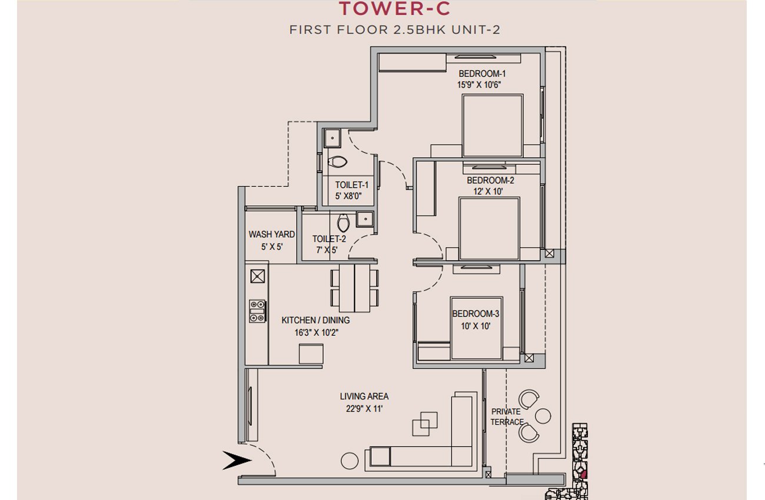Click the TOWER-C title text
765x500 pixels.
[395, 9]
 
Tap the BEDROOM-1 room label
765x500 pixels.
[482, 74]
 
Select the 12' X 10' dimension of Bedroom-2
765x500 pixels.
[488, 191]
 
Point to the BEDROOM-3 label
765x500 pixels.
[475, 314]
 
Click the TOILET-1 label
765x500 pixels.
[352, 185]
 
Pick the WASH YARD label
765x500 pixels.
[271, 235]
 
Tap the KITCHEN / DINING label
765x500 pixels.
[315, 320]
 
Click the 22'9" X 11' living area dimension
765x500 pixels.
[364, 409]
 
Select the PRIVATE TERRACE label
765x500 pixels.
[507, 416]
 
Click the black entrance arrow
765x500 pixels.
[237, 460]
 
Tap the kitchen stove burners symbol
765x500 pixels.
[257, 311]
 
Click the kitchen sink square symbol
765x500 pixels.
[258, 276]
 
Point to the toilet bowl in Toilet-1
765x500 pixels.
[337, 162]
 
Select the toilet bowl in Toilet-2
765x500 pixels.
[343, 222]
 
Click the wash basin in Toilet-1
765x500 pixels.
[332, 138]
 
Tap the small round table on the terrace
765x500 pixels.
[543, 416]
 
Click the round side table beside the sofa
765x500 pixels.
[350, 461]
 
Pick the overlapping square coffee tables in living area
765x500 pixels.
[425, 424]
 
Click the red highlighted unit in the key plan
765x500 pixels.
[584, 474]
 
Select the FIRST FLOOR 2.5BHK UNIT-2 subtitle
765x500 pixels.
[395, 30]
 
